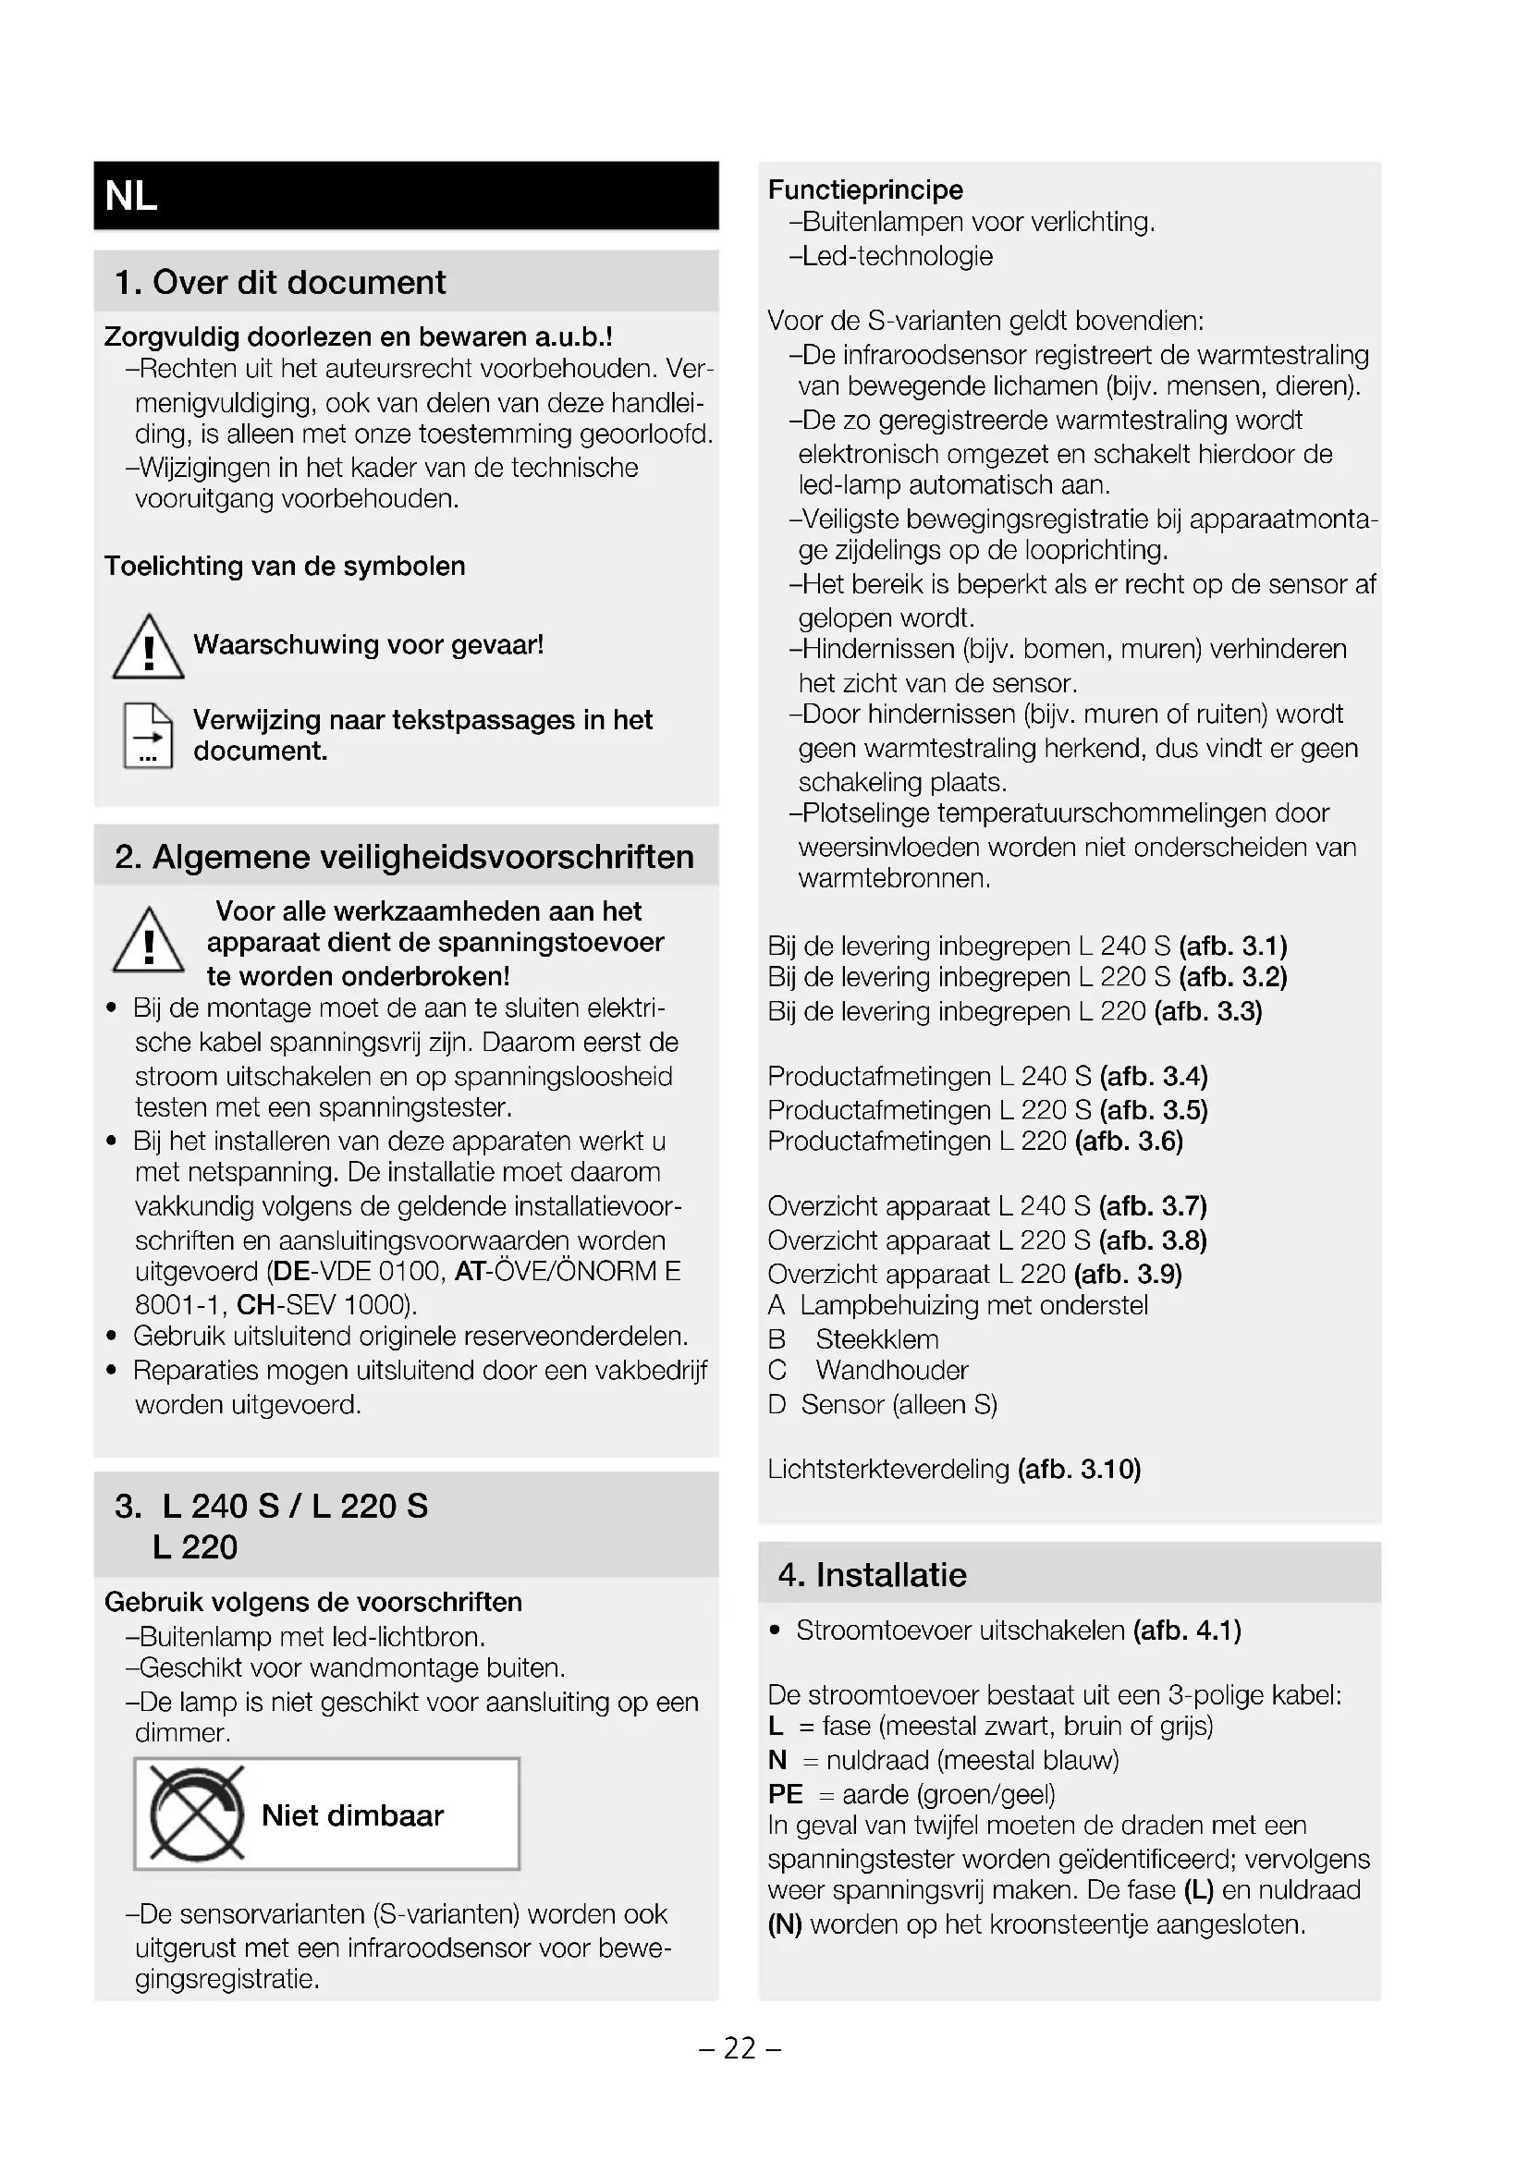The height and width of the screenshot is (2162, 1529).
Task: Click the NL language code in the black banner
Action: (x=131, y=197)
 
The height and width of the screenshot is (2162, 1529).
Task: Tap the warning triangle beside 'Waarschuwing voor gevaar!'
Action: (x=148, y=647)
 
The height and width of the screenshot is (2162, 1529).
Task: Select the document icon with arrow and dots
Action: (x=148, y=737)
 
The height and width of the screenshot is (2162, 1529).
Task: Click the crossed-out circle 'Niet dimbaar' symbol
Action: (x=196, y=1814)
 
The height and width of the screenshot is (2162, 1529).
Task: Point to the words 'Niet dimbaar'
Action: (x=352, y=1815)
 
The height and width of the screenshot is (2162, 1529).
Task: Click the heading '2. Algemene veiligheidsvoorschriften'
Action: (x=404, y=857)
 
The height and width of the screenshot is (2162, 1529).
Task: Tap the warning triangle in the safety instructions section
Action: (x=148, y=941)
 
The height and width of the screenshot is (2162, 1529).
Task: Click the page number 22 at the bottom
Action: (x=740, y=2049)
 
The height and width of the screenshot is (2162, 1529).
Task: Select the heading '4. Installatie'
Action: (x=872, y=1574)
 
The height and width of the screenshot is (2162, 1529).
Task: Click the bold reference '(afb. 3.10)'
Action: (x=1079, y=1469)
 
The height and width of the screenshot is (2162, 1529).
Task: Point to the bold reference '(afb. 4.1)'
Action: (x=1186, y=1631)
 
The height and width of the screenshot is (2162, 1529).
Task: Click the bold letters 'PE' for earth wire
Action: (x=785, y=1795)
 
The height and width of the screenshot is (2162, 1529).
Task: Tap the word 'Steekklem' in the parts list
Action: (x=876, y=1339)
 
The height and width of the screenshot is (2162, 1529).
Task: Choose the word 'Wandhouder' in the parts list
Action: (x=891, y=1371)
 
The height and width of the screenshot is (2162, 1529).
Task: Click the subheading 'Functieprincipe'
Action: (x=865, y=190)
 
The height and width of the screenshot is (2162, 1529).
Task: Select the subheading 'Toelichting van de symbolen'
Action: (x=285, y=566)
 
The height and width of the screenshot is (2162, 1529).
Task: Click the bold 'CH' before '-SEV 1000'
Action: (x=255, y=1305)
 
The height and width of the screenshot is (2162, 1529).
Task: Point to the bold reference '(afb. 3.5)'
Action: (x=1154, y=1110)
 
